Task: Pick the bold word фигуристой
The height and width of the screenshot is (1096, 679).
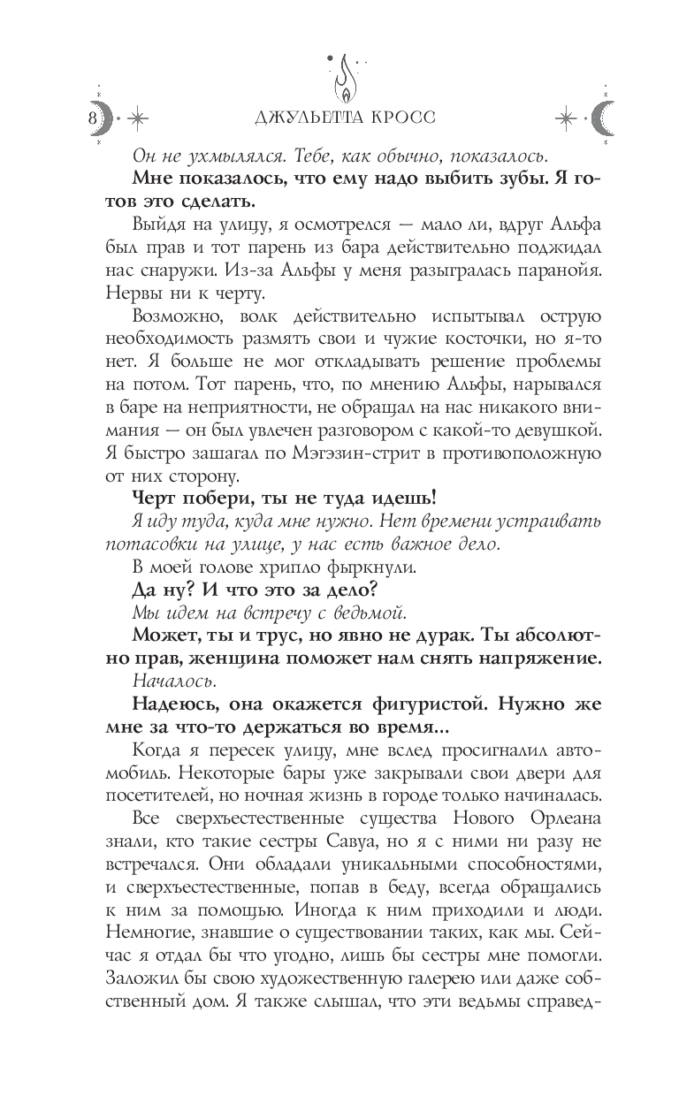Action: [421, 707]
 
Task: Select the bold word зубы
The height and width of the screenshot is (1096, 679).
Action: [485, 179]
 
